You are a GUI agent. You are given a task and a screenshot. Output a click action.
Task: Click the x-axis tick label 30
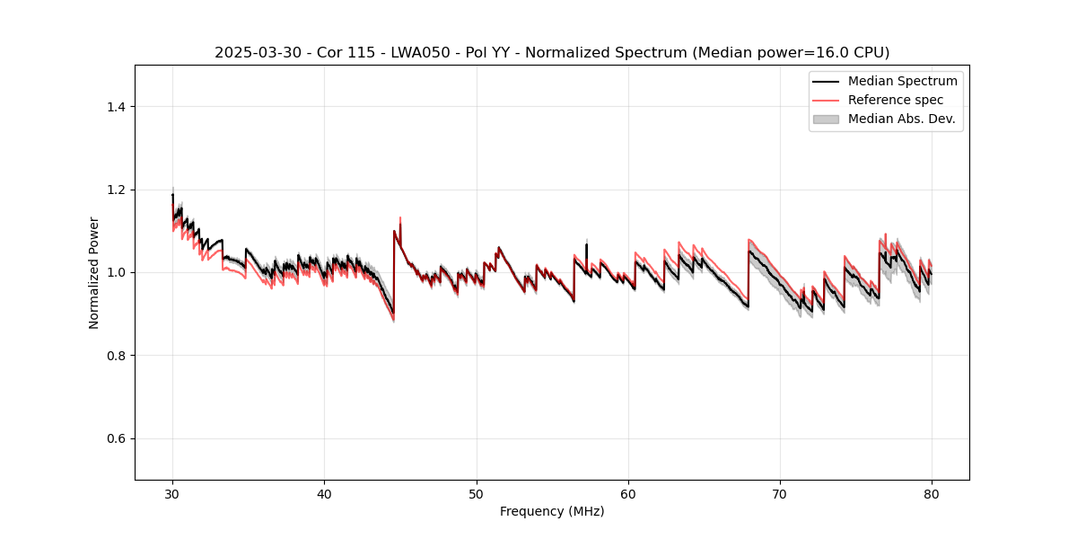[x=172, y=494]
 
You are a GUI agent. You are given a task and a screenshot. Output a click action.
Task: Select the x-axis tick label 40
[x=324, y=494]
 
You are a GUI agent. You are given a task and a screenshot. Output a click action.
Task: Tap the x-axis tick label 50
[x=477, y=494]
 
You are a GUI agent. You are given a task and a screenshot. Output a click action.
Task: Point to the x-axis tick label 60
[x=628, y=494]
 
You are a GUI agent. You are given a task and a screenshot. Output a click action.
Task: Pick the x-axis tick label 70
[x=780, y=494]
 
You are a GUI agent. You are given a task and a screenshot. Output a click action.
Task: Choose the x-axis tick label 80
[x=932, y=494]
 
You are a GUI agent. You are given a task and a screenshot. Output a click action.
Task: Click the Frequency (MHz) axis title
[x=552, y=511]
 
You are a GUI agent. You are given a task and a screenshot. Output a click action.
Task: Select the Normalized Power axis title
[x=94, y=272]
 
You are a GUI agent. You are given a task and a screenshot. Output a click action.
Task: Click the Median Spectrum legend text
[x=902, y=81]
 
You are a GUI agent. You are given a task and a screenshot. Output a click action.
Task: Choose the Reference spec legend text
[x=895, y=100]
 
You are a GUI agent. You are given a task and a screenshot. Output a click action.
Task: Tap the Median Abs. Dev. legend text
[x=901, y=119]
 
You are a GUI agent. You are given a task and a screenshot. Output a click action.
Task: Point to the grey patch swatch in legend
[x=826, y=119]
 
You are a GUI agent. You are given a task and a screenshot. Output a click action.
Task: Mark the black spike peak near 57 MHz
[x=586, y=243]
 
